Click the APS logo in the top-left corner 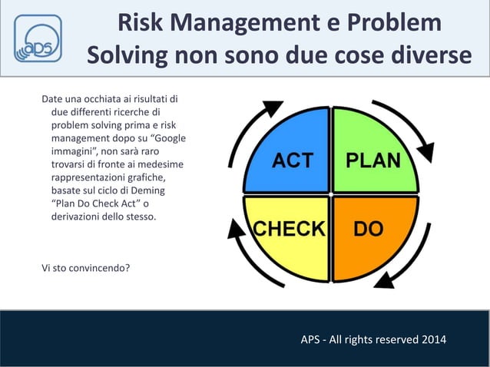coord(38,40)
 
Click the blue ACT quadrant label coord(293,160)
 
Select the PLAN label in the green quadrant coord(372,160)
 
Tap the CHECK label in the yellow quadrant coord(289,228)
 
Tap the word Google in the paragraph coord(162,138)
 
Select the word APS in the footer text coord(313,339)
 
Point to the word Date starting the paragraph coord(54,99)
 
